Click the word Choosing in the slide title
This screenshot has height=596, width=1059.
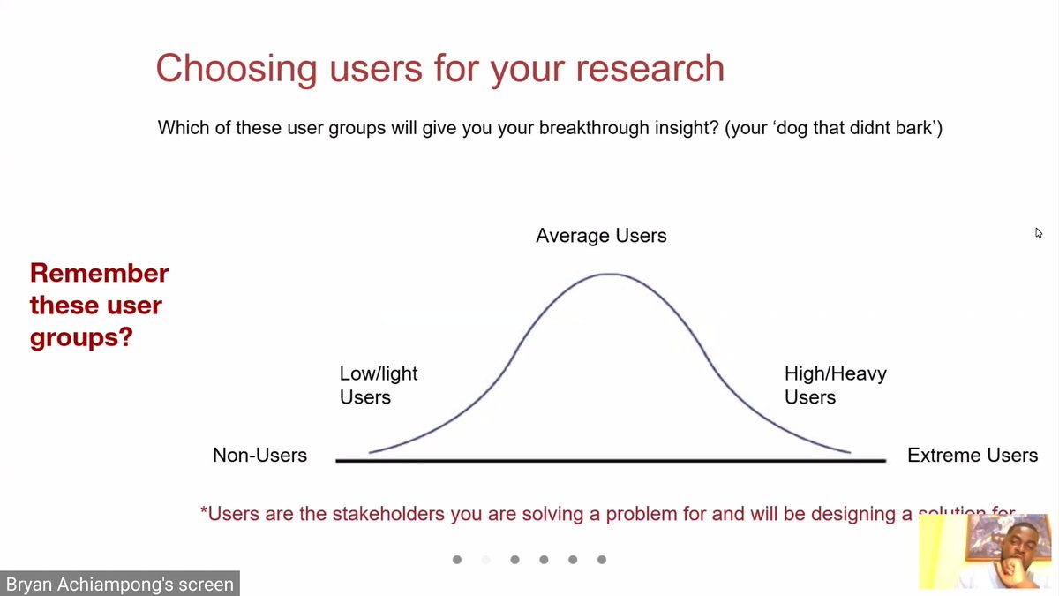pyautogui.click(x=226, y=69)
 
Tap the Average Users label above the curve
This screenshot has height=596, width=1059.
pyautogui.click(x=601, y=236)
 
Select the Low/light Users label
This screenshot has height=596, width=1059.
pyautogui.click(x=378, y=385)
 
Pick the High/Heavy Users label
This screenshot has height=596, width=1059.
pyautogui.click(x=835, y=385)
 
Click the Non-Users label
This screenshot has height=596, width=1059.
pyautogui.click(x=259, y=456)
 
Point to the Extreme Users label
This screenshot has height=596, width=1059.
pyautogui.click(x=972, y=456)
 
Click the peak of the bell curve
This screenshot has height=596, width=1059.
pyautogui.click(x=609, y=275)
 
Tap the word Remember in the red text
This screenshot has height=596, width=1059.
pyautogui.click(x=99, y=274)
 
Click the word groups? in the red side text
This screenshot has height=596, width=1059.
pyautogui.click(x=80, y=337)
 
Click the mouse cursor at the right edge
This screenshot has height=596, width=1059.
pyautogui.click(x=1039, y=233)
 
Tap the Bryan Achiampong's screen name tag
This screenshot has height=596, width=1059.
pyautogui.click(x=119, y=584)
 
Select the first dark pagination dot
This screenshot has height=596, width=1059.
pyautogui.click(x=456, y=560)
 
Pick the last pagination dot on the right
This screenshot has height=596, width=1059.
pyautogui.click(x=602, y=560)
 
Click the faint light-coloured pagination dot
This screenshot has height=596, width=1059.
pyautogui.click(x=485, y=560)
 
